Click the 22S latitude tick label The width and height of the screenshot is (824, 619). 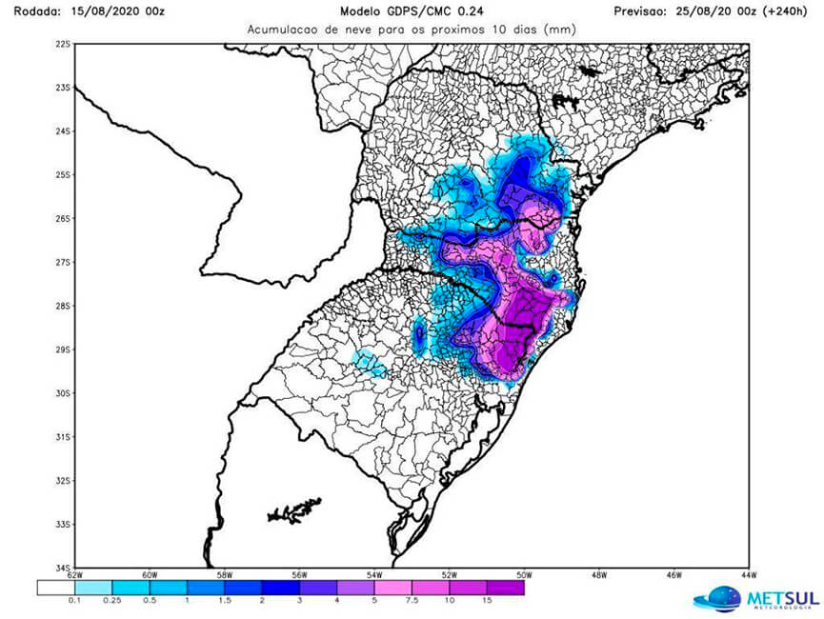(x=63, y=44)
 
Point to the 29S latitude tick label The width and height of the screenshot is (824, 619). (x=63, y=349)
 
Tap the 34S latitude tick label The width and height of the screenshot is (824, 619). (x=63, y=568)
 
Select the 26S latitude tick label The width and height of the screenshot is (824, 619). (x=63, y=218)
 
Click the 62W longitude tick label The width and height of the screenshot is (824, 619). (x=75, y=575)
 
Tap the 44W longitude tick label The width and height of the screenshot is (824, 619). (x=747, y=575)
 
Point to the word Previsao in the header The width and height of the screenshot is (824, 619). (x=644, y=11)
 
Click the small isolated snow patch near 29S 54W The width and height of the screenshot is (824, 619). (x=419, y=333)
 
